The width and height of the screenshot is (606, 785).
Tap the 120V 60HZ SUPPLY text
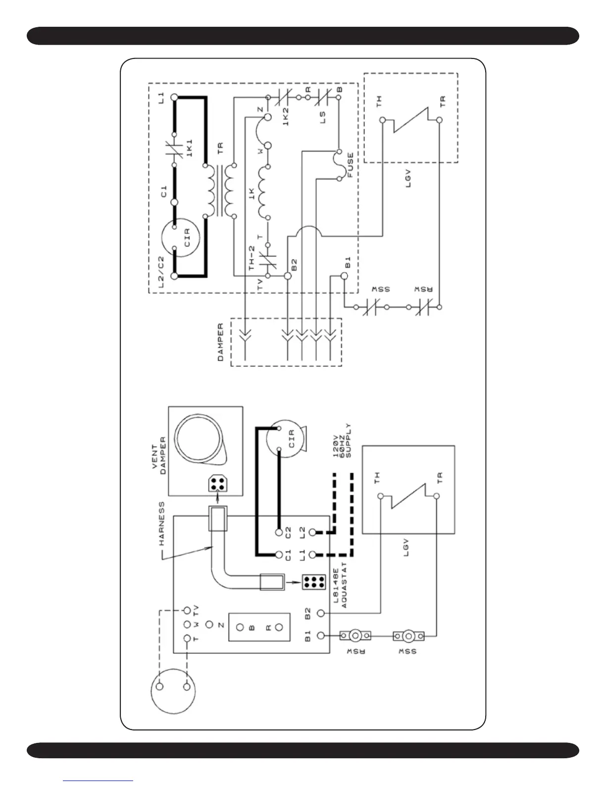342,441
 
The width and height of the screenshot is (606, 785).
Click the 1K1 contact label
189,148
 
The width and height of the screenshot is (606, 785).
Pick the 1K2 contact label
286,116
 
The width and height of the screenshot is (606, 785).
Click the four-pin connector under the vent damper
216,483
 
